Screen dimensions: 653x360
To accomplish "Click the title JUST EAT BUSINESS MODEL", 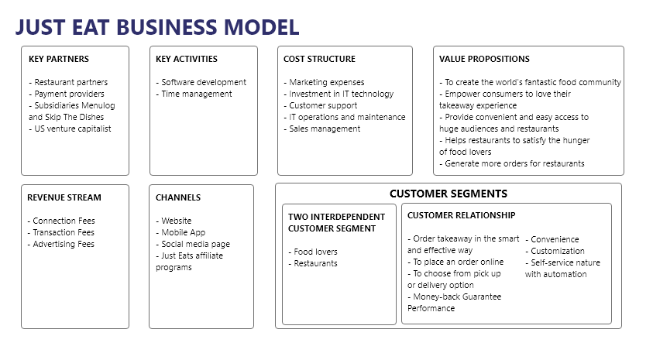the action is click(157, 27).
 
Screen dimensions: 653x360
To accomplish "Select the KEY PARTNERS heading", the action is click(59, 59).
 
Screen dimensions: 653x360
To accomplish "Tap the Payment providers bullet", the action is click(67, 94).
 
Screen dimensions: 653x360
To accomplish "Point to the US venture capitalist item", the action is click(70, 129).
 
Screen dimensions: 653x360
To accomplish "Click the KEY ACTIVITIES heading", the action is click(187, 59).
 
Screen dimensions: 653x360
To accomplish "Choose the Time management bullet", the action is click(194, 94).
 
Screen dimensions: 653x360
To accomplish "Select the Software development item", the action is click(201, 82).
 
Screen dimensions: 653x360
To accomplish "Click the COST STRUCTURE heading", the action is click(319, 59).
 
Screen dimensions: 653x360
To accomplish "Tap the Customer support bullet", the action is click(321, 106).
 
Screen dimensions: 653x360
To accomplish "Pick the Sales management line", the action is click(322, 129).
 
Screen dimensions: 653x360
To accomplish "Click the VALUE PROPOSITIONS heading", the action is click(484, 59).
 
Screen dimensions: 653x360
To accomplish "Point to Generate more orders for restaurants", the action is click(512, 163).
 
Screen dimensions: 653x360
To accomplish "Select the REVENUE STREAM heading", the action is click(64, 197).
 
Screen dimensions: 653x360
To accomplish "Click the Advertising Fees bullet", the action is click(61, 245).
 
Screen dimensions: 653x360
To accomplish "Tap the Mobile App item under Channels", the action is click(180, 233).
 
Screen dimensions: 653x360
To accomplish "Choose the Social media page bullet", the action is click(193, 245).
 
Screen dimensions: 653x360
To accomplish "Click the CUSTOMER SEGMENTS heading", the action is click(449, 194).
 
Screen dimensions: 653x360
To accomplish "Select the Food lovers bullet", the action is click(313, 252).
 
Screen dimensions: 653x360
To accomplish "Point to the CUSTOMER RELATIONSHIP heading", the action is click(462, 215).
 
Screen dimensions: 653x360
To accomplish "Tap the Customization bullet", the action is click(555, 251).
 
